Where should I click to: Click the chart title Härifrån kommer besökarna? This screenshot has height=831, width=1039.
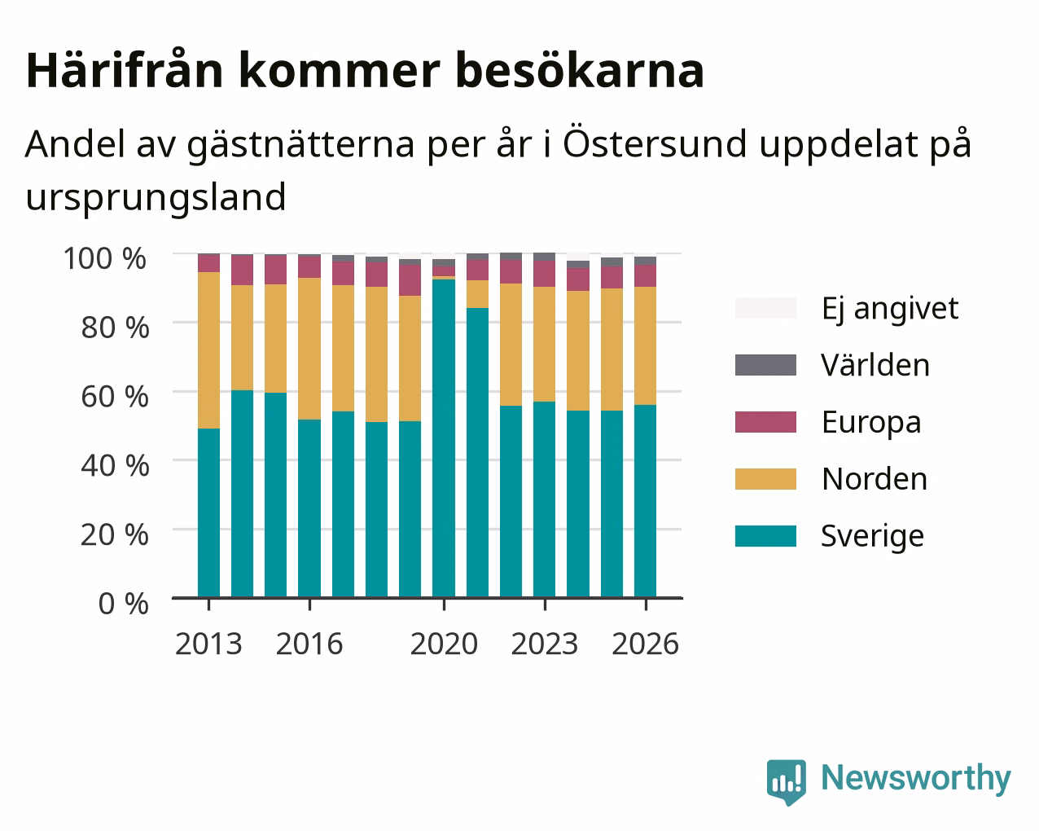pyautogui.click(x=365, y=71)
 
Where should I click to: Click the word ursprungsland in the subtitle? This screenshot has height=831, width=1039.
pyautogui.click(x=156, y=198)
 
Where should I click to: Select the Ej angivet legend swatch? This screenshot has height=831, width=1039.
pyautogui.click(x=765, y=308)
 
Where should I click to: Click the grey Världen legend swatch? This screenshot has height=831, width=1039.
pyautogui.click(x=765, y=365)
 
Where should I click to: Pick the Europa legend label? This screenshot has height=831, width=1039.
pyautogui.click(x=871, y=423)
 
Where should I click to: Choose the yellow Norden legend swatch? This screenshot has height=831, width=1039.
pyautogui.click(x=765, y=479)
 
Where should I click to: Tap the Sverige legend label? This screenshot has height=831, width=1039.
pyautogui.click(x=872, y=537)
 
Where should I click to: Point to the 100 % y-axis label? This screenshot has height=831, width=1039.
pyautogui.click(x=105, y=258)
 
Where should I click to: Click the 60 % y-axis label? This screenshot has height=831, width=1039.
pyautogui.click(x=115, y=397)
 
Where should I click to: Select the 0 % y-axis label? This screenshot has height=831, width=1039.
pyautogui.click(x=123, y=604)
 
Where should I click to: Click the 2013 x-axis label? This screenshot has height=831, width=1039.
pyautogui.click(x=208, y=644)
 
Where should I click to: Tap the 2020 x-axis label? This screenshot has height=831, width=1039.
pyautogui.click(x=444, y=644)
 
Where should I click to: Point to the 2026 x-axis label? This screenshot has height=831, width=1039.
pyautogui.click(x=646, y=644)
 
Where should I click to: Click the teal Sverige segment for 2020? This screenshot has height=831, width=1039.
pyautogui.click(x=444, y=438)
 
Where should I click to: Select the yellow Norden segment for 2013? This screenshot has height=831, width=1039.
pyautogui.click(x=208, y=350)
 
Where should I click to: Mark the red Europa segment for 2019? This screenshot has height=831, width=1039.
pyautogui.click(x=410, y=280)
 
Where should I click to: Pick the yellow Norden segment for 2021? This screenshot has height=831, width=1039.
pyautogui.click(x=477, y=294)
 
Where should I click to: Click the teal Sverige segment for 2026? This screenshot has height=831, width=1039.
pyautogui.click(x=645, y=502)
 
